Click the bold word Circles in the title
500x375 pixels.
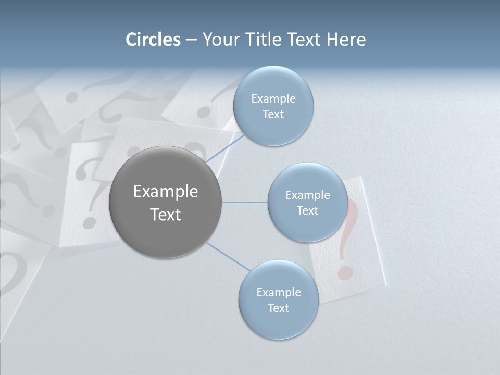point(153,40)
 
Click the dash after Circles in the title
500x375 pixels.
point(191,40)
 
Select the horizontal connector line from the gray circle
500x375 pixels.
point(244,202)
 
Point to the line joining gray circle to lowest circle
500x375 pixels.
point(228,256)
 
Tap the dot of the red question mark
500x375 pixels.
point(342,272)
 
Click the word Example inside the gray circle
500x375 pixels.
point(165,191)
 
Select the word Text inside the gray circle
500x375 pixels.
point(165,215)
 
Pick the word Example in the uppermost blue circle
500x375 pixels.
point(273,98)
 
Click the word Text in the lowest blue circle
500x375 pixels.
point(278,308)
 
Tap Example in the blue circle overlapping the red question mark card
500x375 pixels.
point(307,195)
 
